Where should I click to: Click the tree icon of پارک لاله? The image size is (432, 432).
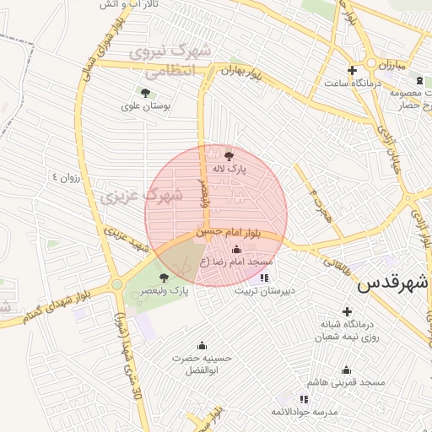pos(229,154)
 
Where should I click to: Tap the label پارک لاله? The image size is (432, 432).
pos(229,169)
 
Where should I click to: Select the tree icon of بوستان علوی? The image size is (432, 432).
pos(146,94)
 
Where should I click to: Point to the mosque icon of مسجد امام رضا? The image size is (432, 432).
pos(235,249)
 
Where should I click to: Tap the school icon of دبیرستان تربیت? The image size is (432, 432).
pos(265,277)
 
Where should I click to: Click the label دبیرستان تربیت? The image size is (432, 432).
pos(265,292)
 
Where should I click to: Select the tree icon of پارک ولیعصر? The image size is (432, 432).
pos(164,277)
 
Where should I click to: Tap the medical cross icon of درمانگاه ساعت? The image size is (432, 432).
pos(352,69)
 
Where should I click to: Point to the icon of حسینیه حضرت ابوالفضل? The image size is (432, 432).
pos(202,345)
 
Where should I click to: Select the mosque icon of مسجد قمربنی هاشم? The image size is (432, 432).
pos(346,370)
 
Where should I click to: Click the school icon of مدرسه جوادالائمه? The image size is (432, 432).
pos(304,398)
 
